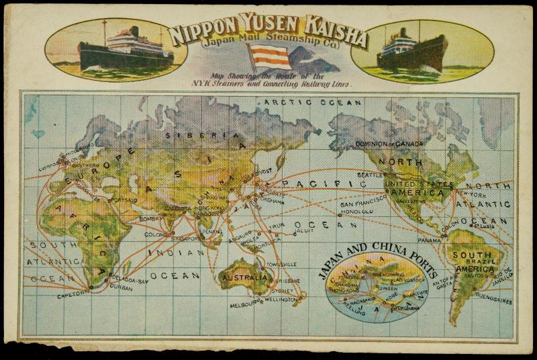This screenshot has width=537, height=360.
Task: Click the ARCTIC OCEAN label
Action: [313, 102]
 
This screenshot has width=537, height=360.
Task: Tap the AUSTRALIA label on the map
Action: [246, 277]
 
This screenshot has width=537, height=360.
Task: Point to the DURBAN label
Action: [120, 286]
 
